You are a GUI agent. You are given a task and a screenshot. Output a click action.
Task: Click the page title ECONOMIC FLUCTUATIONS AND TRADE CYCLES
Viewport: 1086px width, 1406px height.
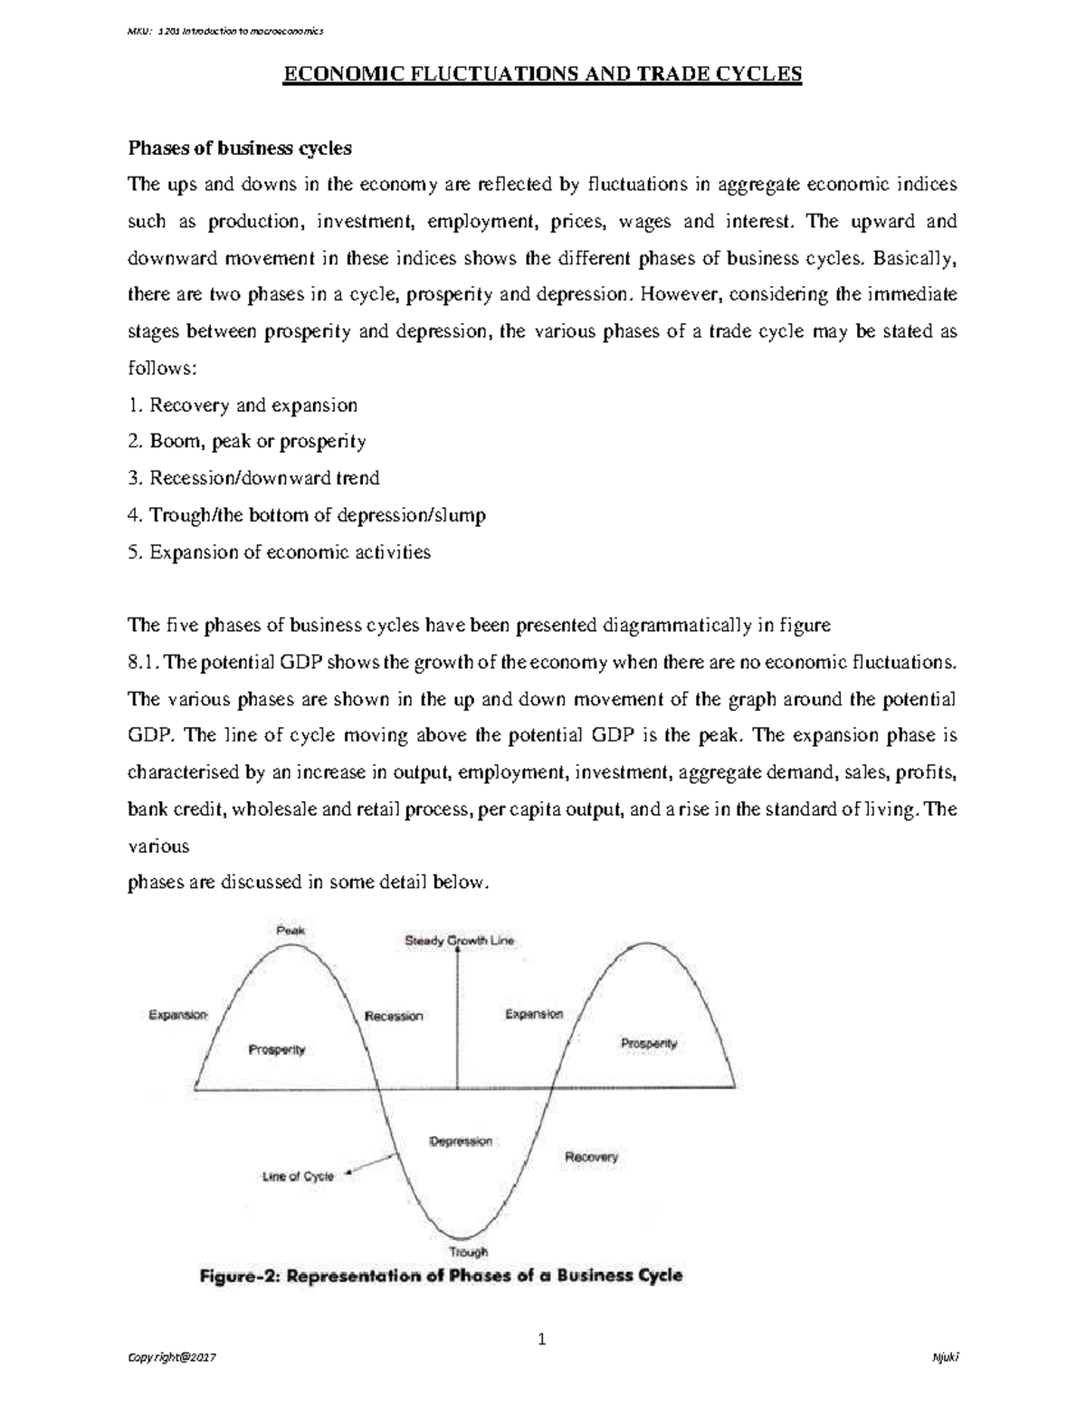click(543, 74)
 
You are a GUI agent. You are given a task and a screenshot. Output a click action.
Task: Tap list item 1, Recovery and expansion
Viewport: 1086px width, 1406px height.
click(243, 406)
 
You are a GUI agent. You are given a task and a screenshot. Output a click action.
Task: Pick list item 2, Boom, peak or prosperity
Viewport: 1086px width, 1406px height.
click(247, 442)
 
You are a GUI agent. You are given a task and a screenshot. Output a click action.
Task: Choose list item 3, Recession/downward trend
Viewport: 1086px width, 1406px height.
click(253, 478)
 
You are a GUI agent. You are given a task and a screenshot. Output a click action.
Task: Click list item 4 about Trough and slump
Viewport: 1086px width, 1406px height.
click(307, 515)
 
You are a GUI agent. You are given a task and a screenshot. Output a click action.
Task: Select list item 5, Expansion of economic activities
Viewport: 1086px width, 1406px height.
click(280, 552)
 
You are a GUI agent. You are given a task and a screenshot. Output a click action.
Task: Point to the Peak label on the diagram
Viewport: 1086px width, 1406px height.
click(291, 930)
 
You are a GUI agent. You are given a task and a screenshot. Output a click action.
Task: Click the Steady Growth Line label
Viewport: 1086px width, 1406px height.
click(459, 941)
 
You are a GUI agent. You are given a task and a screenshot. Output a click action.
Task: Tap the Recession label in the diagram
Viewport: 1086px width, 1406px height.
click(394, 1016)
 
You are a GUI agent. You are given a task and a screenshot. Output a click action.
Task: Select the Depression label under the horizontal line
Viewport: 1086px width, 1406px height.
click(461, 1141)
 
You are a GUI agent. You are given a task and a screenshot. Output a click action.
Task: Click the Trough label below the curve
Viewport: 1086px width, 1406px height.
click(469, 1251)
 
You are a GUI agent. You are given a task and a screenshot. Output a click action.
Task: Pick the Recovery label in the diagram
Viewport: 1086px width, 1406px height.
click(591, 1157)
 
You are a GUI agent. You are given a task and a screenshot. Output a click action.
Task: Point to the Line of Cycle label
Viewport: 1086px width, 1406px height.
click(298, 1177)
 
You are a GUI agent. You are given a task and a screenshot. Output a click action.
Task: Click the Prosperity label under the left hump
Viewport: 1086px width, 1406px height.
click(276, 1049)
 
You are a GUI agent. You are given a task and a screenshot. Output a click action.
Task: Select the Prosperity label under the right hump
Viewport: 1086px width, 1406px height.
click(649, 1043)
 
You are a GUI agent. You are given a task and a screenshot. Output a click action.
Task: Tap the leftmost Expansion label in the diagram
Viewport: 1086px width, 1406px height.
click(178, 1015)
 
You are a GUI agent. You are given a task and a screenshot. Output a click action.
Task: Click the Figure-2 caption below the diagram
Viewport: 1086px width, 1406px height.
click(441, 1277)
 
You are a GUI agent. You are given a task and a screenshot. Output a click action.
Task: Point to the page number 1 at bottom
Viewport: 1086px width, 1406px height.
click(542, 1340)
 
